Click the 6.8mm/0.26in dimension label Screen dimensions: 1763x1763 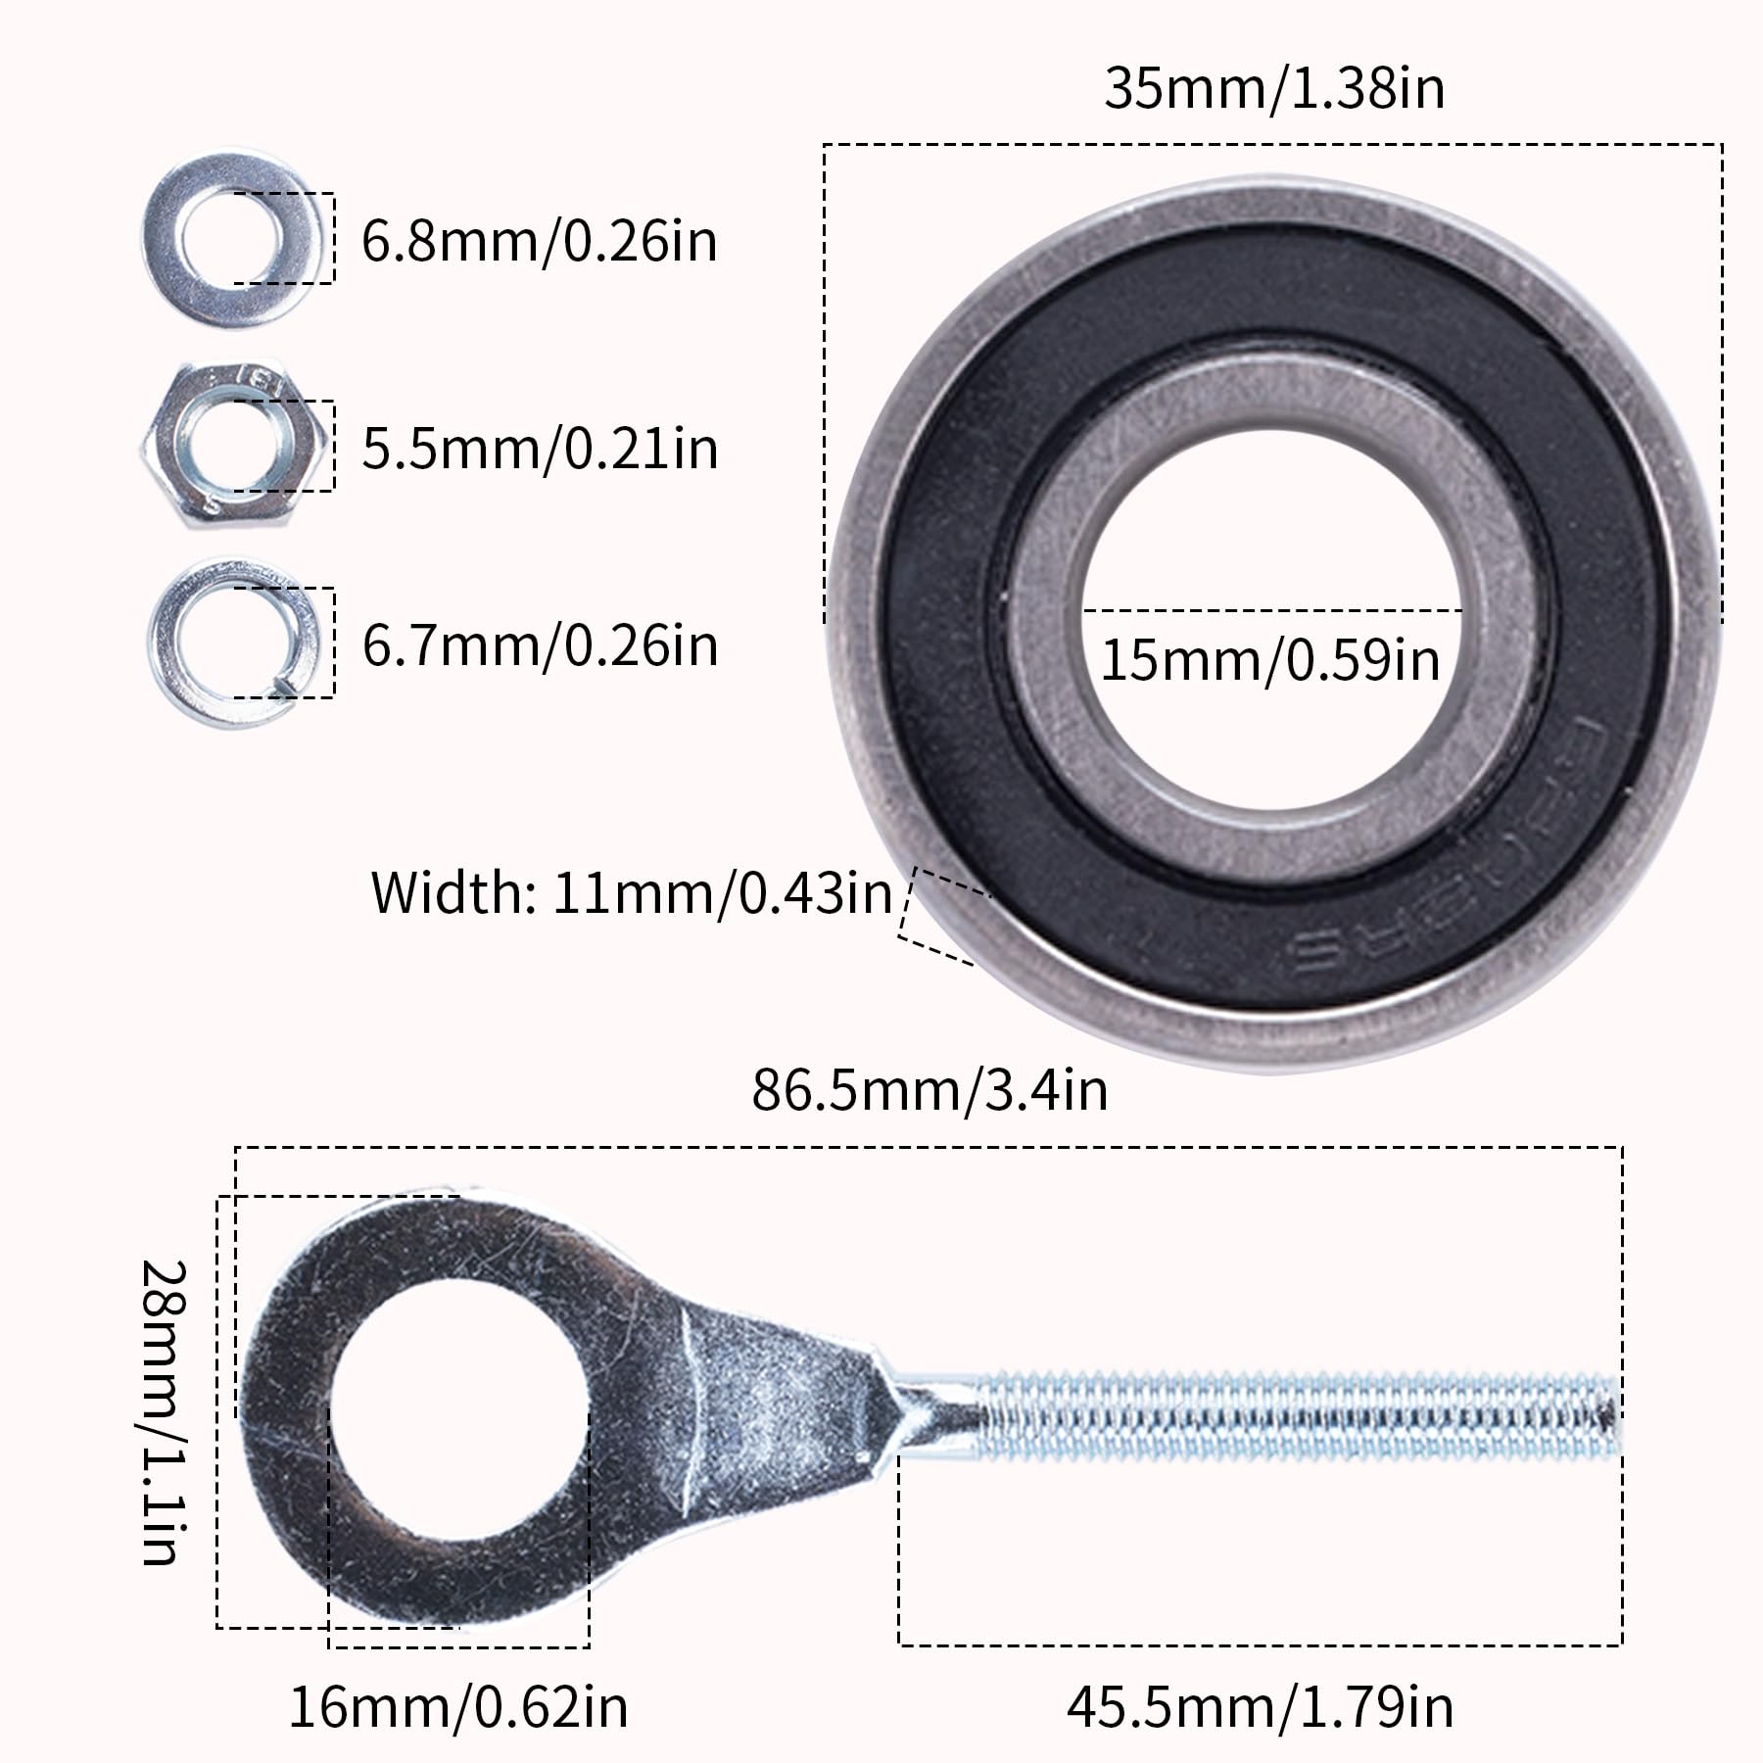click(x=540, y=241)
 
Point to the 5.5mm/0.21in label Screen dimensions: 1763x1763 click(x=540, y=449)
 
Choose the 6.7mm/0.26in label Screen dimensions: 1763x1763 click(x=540, y=646)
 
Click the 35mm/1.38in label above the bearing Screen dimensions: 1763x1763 click(x=1274, y=88)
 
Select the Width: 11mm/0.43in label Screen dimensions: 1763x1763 click(x=632, y=893)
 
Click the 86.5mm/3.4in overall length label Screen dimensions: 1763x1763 click(x=929, y=1090)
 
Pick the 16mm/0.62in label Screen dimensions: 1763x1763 click(x=457, y=1707)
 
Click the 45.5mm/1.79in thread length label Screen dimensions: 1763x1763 click(x=1260, y=1707)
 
